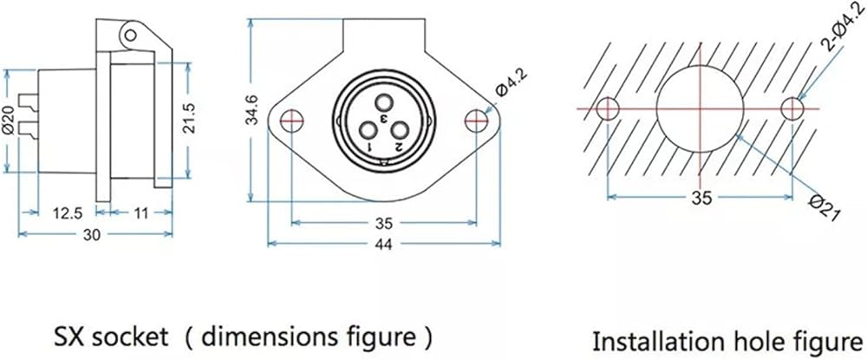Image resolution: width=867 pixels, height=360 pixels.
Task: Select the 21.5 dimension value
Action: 188,119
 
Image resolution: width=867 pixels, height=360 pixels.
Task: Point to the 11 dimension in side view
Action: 141,213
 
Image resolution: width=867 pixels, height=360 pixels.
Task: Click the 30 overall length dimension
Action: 92,235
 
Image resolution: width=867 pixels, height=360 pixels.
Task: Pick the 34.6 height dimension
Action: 251,109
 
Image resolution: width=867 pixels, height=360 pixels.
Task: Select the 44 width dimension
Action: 383,245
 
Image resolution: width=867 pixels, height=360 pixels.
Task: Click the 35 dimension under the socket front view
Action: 383,224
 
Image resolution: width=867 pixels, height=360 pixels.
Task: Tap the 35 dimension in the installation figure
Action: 701,199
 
